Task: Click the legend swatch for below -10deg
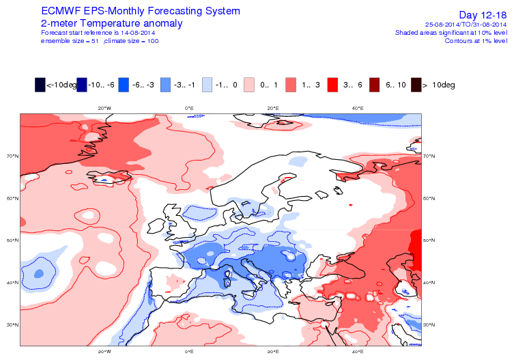pos(40,85)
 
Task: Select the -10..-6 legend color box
pos(82,85)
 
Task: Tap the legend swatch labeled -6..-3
pos(124,85)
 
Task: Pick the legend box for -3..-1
pos(165,85)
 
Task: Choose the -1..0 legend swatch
pos(208,85)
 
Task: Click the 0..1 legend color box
pos(249,85)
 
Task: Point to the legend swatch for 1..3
pos(291,85)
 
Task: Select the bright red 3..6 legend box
pos(333,85)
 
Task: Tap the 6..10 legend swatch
pos(375,85)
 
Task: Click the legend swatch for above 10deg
pos(416,85)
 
